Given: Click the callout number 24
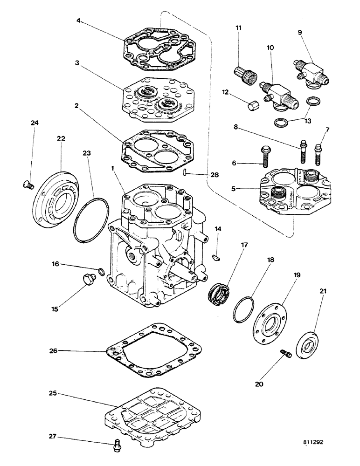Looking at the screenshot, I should coord(35,123).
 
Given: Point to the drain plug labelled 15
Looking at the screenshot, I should coord(87,280).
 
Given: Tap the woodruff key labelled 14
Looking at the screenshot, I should coord(217,255).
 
